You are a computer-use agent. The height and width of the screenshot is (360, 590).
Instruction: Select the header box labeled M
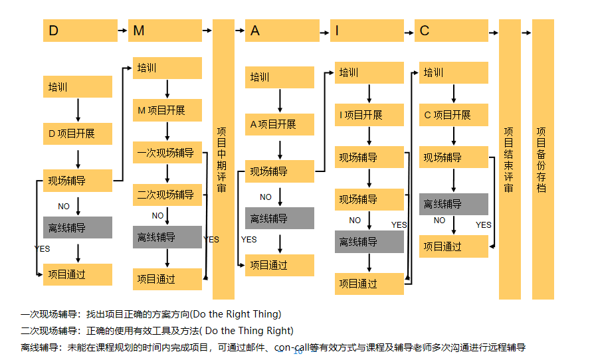coord(165,31)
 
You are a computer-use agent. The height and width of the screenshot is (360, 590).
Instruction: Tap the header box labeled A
coord(280,31)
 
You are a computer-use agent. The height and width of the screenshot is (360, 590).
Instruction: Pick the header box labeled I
coord(367,31)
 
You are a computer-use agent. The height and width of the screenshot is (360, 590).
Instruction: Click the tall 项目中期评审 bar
coord(223,159)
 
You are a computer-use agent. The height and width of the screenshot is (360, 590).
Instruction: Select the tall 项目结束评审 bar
coord(510,159)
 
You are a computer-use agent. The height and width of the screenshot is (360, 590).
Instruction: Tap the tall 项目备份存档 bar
coord(543,159)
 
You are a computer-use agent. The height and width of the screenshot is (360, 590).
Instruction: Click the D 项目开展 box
coord(78,134)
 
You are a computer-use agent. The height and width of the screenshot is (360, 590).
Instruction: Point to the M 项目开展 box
coord(167,110)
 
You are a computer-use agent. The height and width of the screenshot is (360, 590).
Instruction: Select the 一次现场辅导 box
coord(167,153)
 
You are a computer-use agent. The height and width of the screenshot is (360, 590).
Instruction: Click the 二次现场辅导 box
coord(167,195)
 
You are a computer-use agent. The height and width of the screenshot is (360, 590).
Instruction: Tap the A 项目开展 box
coord(280,124)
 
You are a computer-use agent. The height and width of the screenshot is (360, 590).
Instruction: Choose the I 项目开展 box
coord(369,115)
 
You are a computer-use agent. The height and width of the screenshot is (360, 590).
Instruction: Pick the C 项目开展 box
coord(453,115)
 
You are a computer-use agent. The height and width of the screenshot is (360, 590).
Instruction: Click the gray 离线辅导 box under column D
coord(78,228)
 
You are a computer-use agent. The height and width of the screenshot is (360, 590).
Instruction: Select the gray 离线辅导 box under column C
coord(453,204)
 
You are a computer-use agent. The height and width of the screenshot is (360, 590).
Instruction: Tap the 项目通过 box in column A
coord(280,265)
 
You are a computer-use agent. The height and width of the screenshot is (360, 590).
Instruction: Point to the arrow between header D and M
coord(120,31)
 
